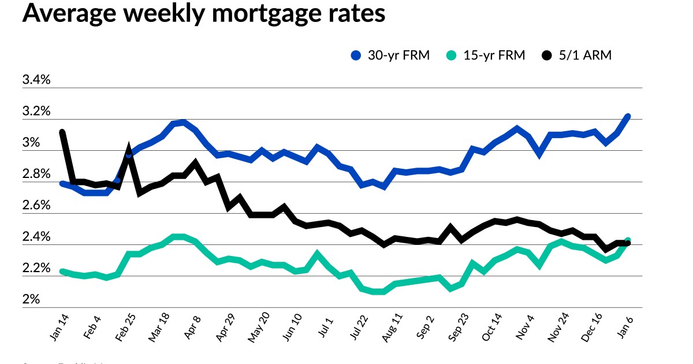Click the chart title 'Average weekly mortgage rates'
(203, 14)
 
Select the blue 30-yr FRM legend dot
(356, 55)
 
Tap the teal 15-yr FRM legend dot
(452, 55)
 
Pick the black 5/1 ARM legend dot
(546, 55)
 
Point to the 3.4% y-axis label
(36, 80)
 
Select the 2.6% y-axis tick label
(36, 206)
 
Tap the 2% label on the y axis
(31, 299)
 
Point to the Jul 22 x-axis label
(359, 328)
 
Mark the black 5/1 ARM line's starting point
(62, 132)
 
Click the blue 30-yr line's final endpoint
(628, 117)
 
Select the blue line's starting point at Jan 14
(62, 183)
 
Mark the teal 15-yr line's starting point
(62, 271)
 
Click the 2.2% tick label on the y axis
(36, 268)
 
